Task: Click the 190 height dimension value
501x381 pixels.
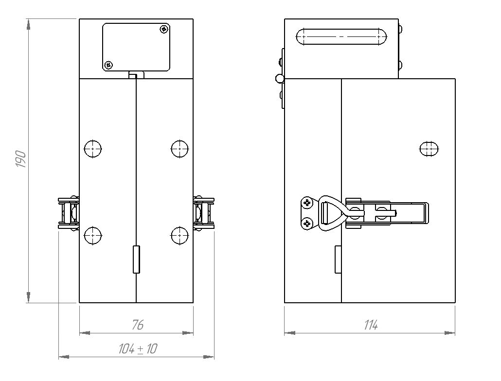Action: coord(21,159)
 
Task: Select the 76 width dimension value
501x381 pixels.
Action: coord(138,325)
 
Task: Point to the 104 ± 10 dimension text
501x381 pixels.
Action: coord(138,349)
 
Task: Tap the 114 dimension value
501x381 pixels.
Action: coord(371,325)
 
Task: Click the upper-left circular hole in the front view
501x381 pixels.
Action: coord(92,149)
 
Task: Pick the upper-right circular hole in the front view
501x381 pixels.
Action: coord(179,149)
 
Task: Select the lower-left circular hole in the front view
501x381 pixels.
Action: coord(92,236)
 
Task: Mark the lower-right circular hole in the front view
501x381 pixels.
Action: coord(179,236)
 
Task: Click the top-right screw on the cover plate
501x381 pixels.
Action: coord(164,29)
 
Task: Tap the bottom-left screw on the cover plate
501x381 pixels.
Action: coord(109,65)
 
